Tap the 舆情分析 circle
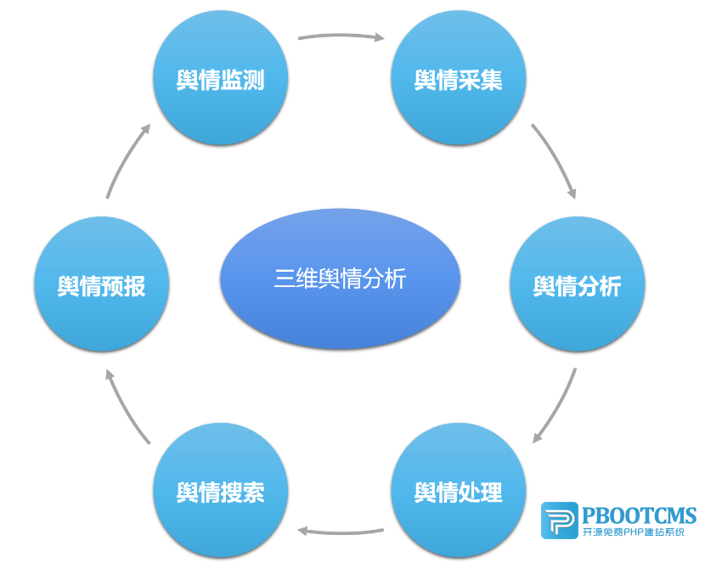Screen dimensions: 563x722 [578, 285]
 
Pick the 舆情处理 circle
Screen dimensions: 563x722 [459, 491]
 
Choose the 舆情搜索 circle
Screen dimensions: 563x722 [221, 491]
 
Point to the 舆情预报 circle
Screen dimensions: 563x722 [102, 285]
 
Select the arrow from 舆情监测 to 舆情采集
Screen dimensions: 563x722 [340, 37]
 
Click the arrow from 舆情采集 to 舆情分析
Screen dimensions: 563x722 [556, 160]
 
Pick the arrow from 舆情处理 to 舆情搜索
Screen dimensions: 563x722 [340, 532]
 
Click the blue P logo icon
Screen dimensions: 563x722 [559, 521]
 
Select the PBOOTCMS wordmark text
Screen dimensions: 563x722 [639, 515]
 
